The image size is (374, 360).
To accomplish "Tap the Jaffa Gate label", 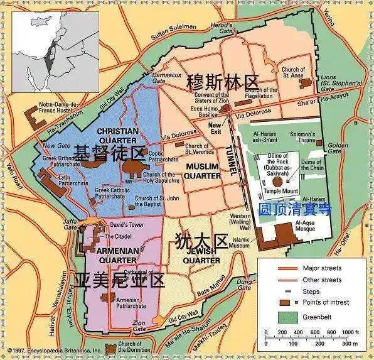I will pyautogui.click(x=74, y=225).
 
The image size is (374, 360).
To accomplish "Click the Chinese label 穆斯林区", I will pyautogui.click(x=222, y=82).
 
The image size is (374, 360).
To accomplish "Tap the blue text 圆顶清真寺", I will pyautogui.click(x=295, y=209).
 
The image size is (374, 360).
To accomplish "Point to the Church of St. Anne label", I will pyautogui.click(x=294, y=73).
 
